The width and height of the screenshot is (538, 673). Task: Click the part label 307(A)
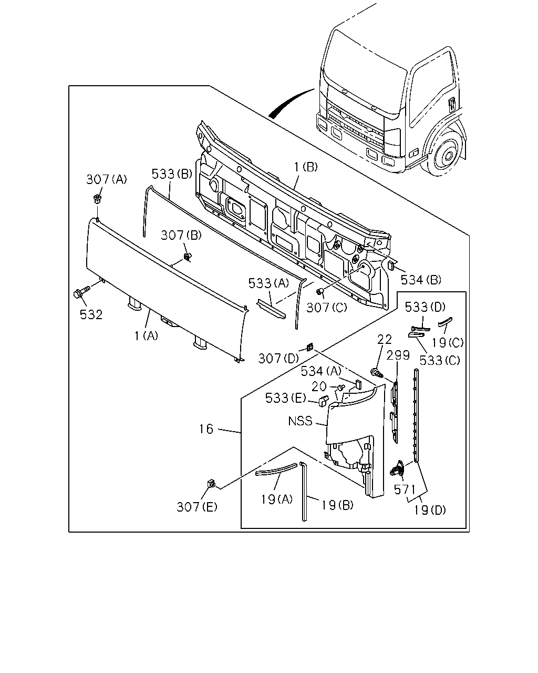click(107, 179)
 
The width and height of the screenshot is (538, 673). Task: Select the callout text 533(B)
click(172, 174)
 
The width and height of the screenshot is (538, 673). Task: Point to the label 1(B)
click(306, 167)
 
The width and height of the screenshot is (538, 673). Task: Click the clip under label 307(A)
click(98, 199)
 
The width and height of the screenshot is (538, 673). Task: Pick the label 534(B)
click(421, 280)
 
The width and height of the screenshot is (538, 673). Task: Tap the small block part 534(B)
click(391, 265)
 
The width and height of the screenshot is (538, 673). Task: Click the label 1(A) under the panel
click(146, 336)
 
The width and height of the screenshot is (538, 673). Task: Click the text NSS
click(300, 421)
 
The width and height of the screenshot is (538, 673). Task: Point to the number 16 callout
click(206, 429)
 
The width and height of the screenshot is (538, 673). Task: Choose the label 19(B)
click(337, 505)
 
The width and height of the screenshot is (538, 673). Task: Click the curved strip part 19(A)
click(276, 469)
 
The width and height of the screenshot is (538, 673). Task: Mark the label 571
click(405, 490)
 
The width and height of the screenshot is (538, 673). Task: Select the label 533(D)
click(425, 308)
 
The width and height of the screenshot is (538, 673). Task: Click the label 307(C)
click(327, 308)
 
